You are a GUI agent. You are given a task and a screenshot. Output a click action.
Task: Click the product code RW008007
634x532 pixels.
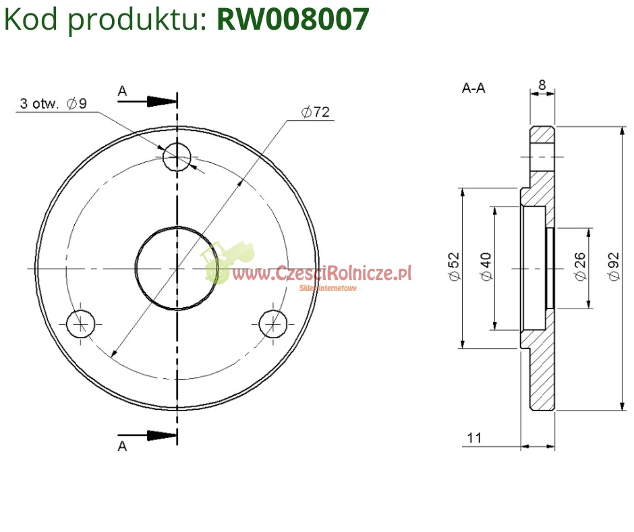click(293, 19)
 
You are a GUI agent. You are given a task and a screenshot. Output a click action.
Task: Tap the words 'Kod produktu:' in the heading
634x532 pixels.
click(105, 20)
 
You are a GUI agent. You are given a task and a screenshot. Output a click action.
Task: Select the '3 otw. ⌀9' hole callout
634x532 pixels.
click(53, 103)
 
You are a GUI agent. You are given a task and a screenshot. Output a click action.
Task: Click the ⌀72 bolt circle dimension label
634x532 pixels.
click(316, 112)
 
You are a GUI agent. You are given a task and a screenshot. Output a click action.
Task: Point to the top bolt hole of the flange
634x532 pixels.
click(177, 156)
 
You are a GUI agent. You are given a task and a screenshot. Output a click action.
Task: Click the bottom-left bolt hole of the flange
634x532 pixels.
click(81, 324)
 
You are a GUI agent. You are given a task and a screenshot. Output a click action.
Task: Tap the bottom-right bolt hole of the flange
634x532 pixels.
click(273, 324)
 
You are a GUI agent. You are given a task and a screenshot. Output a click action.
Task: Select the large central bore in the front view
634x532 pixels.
click(177, 268)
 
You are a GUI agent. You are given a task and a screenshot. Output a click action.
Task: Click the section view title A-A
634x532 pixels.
click(473, 88)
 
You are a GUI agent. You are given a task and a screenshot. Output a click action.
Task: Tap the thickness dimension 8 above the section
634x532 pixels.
click(542, 85)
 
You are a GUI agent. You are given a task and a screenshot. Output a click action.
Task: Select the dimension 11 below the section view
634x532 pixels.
click(474, 437)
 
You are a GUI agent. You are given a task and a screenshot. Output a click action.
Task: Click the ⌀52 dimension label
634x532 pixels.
click(455, 266)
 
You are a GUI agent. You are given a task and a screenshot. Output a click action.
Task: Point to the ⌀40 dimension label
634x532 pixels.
click(486, 266)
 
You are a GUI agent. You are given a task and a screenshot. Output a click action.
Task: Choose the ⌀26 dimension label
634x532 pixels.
click(580, 266)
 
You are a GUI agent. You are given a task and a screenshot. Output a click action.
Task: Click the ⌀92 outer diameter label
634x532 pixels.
click(613, 266)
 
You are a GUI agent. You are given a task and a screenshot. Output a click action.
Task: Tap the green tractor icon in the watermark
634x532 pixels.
click(227, 261)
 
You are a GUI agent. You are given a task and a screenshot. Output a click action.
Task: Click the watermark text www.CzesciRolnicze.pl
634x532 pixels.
click(322, 273)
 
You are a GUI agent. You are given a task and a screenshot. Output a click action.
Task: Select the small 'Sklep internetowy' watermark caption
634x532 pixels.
click(328, 288)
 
